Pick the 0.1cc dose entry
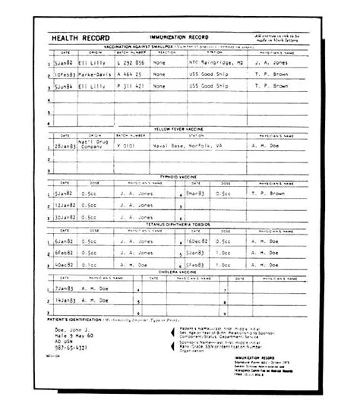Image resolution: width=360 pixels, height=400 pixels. pos(88,265)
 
